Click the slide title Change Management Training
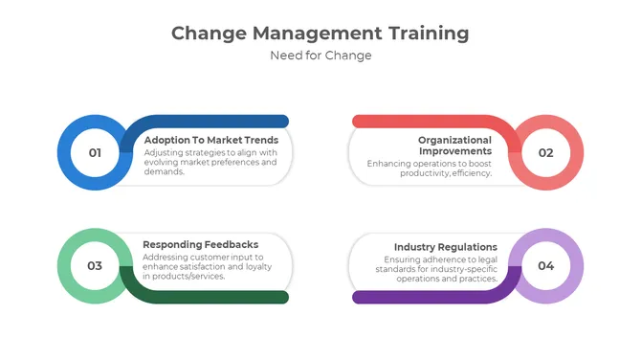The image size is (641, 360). [x=320, y=34]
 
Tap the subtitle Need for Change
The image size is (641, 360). [x=320, y=56]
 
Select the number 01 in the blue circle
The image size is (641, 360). [x=95, y=152]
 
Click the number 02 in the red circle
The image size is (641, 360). [x=545, y=152]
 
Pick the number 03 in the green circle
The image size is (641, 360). [x=95, y=265]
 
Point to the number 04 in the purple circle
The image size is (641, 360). [x=545, y=265]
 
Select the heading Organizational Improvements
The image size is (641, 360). [x=454, y=146]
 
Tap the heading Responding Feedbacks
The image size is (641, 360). [x=200, y=244]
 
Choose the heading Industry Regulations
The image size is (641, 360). [x=446, y=247]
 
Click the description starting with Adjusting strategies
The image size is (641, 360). [x=210, y=162]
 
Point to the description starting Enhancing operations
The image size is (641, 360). [x=430, y=169]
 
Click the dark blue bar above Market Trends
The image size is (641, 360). [x=220, y=122]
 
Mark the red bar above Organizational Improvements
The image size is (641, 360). [x=421, y=122]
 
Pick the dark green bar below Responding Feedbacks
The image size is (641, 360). [x=220, y=297]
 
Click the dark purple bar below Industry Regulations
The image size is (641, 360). [x=421, y=297]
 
